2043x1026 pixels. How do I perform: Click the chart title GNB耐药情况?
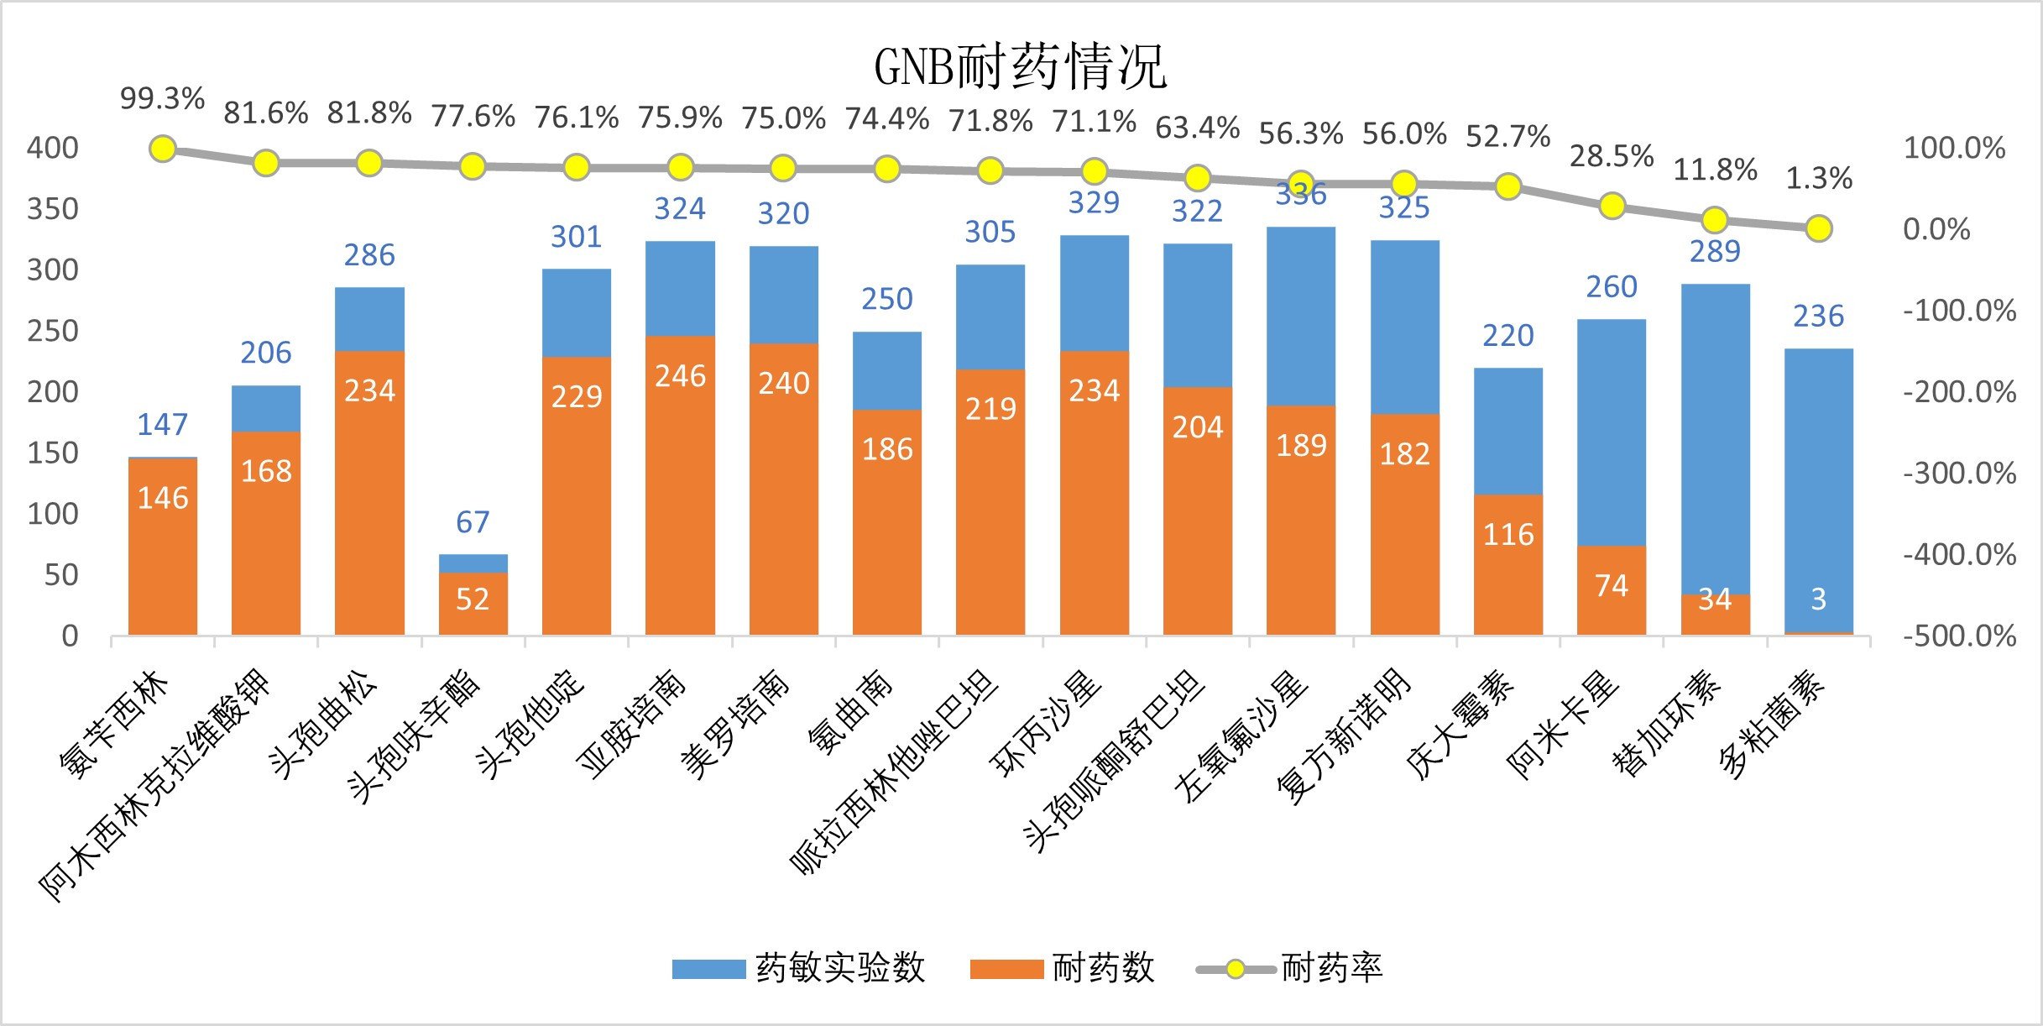pos(1020,67)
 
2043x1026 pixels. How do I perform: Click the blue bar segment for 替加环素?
pos(1715,437)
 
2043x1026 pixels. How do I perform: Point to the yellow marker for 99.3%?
pos(163,149)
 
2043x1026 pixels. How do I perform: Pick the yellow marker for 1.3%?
pos(1818,228)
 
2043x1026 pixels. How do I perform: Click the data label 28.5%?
pos(1611,156)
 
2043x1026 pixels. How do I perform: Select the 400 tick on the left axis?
pos(52,148)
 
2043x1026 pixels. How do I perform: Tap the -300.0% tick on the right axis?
pos(1959,474)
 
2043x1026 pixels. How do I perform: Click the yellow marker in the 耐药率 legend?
pos(1235,970)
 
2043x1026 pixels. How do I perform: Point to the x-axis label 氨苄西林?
pos(115,724)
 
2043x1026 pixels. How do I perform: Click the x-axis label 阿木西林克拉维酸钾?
pos(155,785)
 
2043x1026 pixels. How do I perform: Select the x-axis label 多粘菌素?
pos(1772,724)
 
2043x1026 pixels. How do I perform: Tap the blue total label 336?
pos(1300,195)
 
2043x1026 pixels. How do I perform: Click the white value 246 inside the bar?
pos(680,376)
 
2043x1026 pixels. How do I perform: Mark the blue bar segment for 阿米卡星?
pos(1611,432)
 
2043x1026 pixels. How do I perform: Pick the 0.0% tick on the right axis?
pos(1936,229)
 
